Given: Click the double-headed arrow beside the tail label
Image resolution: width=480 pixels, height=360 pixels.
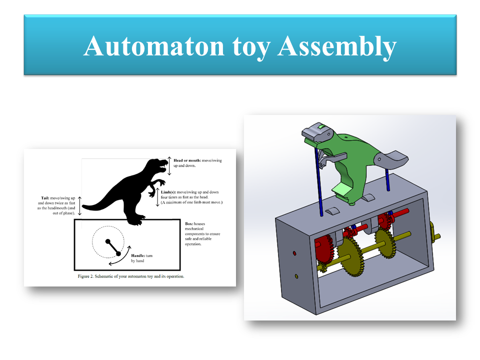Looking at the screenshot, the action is point(78,205).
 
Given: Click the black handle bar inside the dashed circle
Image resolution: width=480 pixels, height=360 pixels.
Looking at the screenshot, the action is point(113,247).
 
